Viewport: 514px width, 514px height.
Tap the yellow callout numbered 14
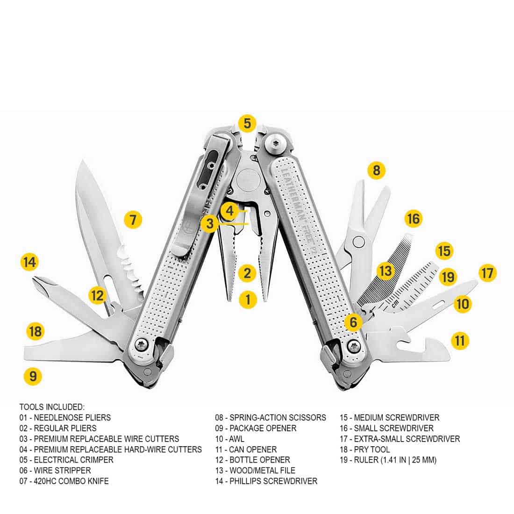click(x=29, y=262)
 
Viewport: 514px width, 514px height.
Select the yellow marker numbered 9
click(x=33, y=376)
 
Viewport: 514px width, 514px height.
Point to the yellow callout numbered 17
click(x=487, y=273)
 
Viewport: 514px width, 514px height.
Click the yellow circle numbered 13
click(x=385, y=271)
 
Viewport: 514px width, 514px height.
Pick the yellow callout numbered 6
click(x=353, y=321)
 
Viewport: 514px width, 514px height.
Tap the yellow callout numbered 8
click(x=376, y=170)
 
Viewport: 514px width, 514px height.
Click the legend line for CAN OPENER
click(x=246, y=449)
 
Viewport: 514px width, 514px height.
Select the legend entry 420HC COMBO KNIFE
click(x=64, y=481)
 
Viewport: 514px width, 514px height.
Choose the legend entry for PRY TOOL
click(x=365, y=449)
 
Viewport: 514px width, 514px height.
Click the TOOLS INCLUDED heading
click(x=52, y=407)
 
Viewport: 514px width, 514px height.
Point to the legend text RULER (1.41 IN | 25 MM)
click(x=388, y=460)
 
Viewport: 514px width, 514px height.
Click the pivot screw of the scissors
click(x=358, y=242)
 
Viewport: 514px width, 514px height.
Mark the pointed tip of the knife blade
click(x=83, y=161)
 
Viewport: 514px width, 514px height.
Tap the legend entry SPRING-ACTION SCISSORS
click(x=271, y=418)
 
